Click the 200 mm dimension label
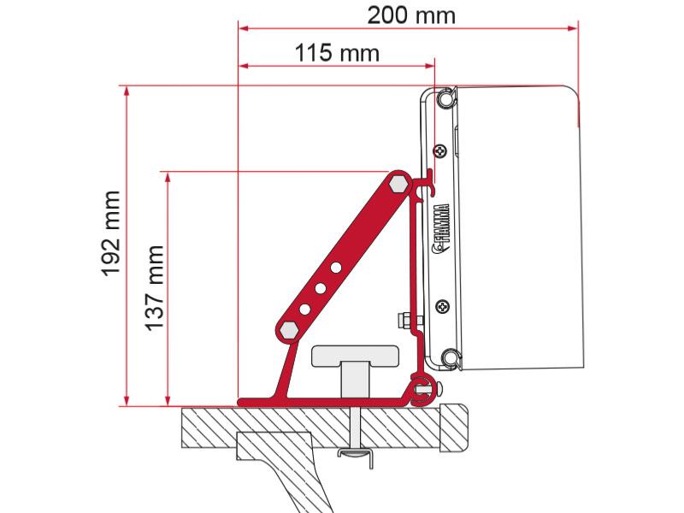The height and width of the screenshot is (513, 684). point(411,15)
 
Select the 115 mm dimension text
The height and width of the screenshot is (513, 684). point(337,53)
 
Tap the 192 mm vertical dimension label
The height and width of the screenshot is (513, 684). point(111,233)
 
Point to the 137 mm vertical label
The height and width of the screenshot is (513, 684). point(155,288)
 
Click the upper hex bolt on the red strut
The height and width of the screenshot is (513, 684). point(399,183)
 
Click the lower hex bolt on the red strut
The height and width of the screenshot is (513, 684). point(289,330)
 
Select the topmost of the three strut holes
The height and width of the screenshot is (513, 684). point(336,268)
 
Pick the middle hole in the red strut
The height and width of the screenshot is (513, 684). point(320,288)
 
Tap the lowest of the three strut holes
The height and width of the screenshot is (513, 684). point(304,310)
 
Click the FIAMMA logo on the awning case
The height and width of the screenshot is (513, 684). point(440,228)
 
